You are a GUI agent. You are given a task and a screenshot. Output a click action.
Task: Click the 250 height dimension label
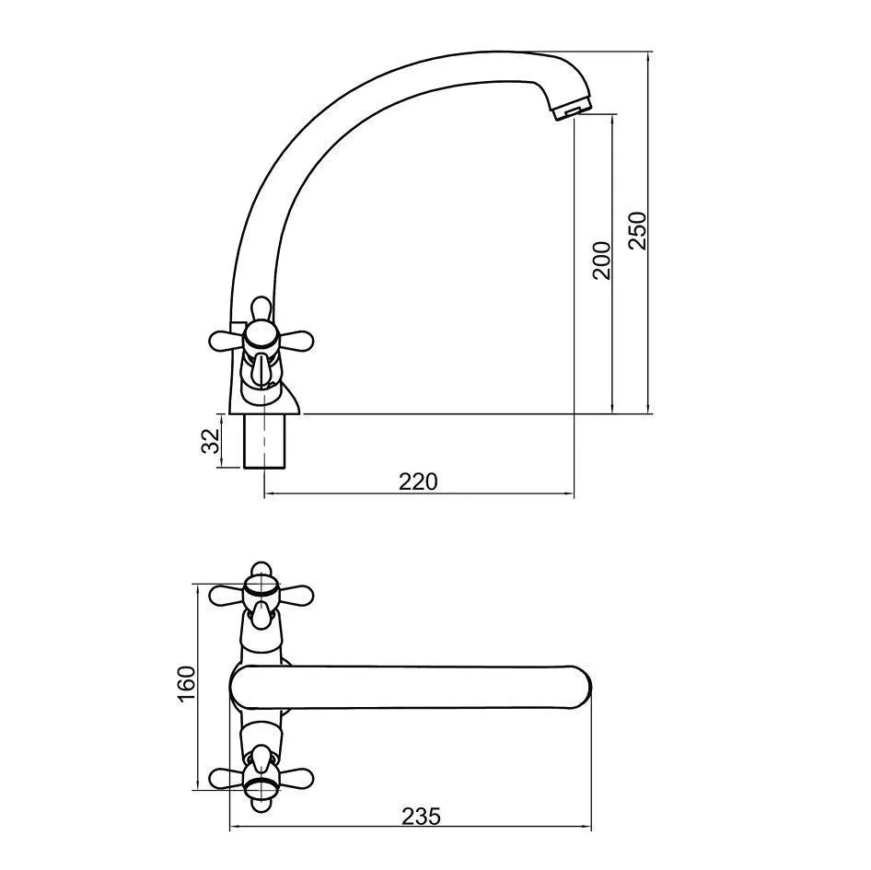[x=638, y=230]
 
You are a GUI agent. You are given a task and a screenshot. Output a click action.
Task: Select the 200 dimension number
[x=601, y=260]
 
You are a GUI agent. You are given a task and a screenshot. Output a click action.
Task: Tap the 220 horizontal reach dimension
[x=418, y=481]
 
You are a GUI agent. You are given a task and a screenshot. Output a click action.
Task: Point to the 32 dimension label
[x=211, y=442]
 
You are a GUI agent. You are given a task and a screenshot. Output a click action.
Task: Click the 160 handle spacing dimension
[x=187, y=684]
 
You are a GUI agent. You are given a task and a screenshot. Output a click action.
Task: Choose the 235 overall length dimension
[x=421, y=817]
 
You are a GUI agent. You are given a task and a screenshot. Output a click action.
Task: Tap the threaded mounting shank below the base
[x=266, y=441]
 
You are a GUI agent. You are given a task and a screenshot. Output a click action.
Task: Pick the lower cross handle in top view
[x=261, y=778]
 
